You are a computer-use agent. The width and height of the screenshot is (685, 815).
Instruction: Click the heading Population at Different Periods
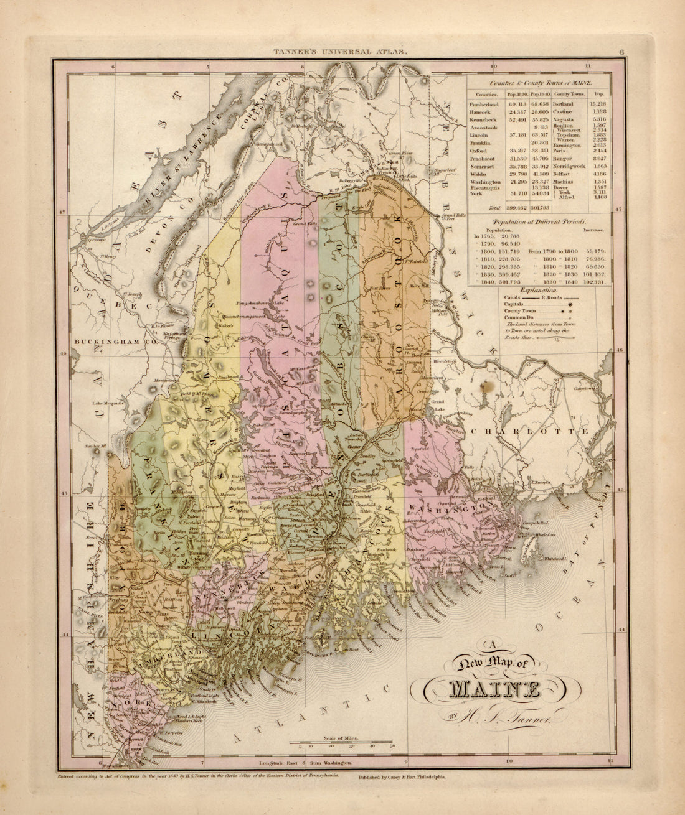point(540,221)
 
